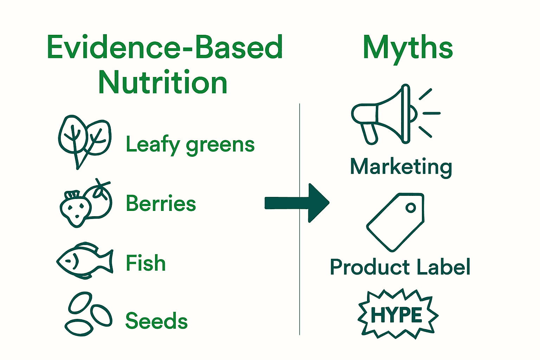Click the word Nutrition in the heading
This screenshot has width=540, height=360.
[x=163, y=83]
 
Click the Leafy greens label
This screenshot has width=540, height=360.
[x=190, y=144]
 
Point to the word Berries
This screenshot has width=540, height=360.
[x=161, y=203]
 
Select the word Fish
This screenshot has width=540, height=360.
[x=146, y=263]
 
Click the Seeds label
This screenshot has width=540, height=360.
[x=156, y=321]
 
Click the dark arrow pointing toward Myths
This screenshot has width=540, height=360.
[x=297, y=203]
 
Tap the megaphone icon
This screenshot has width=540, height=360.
[x=390, y=115]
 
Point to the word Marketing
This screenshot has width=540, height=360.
[x=401, y=167]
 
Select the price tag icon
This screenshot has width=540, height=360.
[x=396, y=221]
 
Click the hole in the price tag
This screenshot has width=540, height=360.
[x=410, y=207]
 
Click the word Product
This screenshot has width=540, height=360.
[x=366, y=267]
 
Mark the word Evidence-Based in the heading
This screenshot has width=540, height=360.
[x=165, y=47]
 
